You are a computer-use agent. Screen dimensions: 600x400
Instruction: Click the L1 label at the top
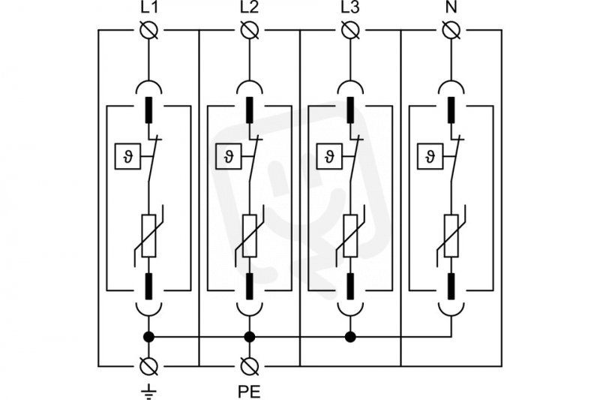click(148, 8)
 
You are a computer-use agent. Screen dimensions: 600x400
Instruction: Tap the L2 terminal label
click(250, 8)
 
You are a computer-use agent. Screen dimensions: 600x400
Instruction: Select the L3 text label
click(350, 8)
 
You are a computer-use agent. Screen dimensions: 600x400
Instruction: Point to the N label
click(451, 8)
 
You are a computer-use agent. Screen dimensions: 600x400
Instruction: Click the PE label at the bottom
click(249, 392)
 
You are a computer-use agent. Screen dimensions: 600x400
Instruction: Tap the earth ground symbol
click(148, 390)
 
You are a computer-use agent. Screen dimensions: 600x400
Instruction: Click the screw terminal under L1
click(148, 30)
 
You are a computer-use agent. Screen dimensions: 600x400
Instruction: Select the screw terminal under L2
click(250, 30)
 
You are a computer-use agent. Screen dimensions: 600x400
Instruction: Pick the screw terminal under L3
click(350, 30)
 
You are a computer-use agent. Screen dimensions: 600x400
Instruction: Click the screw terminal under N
click(451, 30)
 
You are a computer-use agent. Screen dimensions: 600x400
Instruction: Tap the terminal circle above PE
click(250, 366)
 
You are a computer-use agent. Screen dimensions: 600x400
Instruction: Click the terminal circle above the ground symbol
click(148, 366)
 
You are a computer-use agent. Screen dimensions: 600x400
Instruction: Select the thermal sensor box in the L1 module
click(128, 156)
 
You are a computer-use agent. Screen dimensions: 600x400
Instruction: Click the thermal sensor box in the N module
click(430, 156)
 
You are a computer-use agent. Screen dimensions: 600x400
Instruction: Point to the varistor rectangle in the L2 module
click(250, 236)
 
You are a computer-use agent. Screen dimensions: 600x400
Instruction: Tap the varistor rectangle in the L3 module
click(350, 236)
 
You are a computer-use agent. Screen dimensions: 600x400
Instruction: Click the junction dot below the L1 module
click(148, 337)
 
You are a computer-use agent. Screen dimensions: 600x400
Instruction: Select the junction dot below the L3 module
click(350, 337)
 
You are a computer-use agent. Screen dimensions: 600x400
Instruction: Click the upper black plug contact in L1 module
click(148, 110)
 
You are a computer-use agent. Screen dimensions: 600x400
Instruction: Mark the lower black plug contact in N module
click(451, 286)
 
